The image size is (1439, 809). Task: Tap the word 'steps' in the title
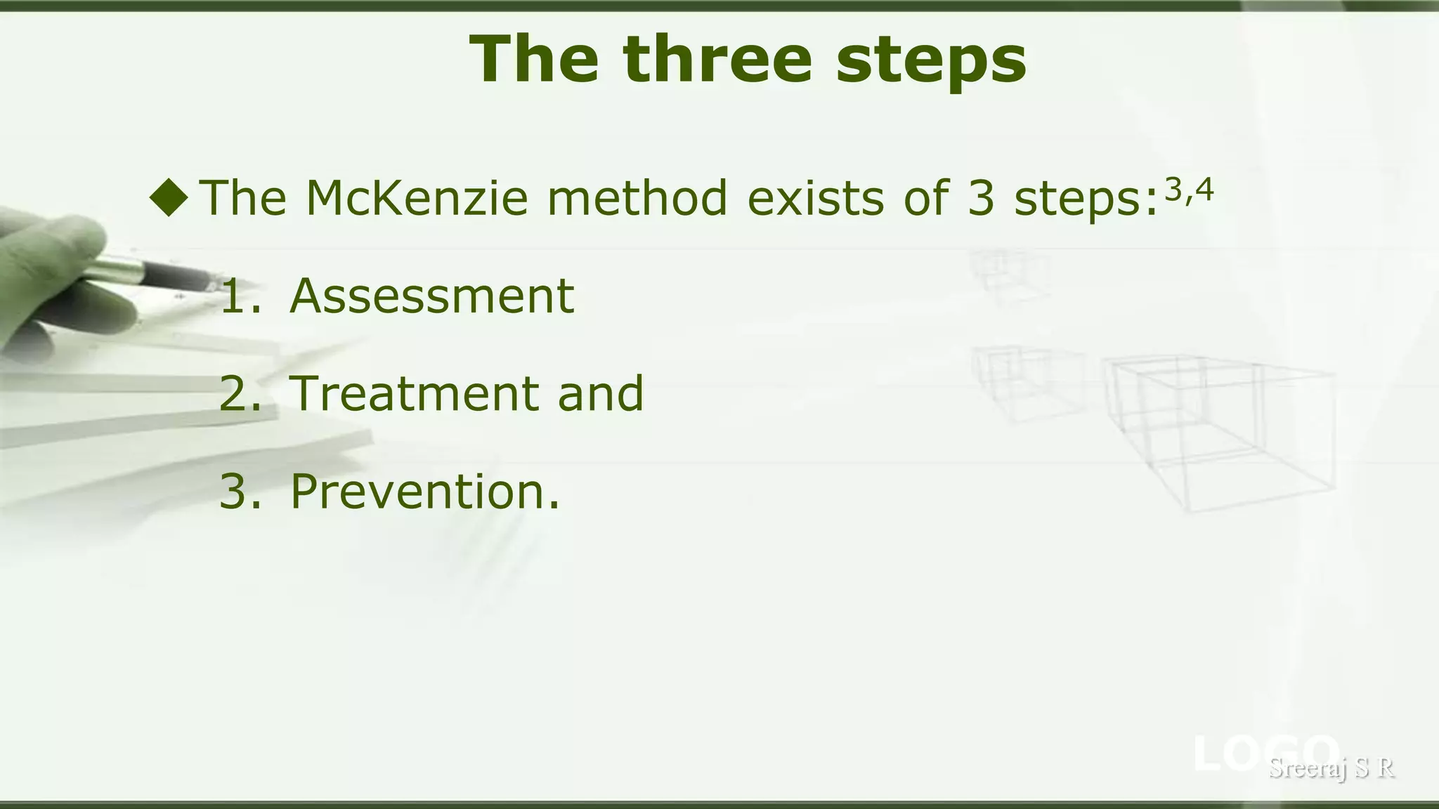[x=931, y=62]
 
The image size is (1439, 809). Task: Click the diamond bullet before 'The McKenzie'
[x=169, y=197]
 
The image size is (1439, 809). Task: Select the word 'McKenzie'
[x=416, y=198]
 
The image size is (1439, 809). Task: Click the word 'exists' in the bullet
[x=815, y=198]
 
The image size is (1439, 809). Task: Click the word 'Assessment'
[x=432, y=296]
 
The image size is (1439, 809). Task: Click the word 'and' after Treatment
[x=601, y=393]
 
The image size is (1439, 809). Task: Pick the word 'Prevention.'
[x=425, y=492]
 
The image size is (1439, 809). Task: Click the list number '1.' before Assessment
[x=240, y=296]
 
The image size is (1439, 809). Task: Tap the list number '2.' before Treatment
[x=240, y=393]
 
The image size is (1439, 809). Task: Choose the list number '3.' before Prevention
[x=240, y=492]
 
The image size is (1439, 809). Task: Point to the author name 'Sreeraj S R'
[x=1331, y=768]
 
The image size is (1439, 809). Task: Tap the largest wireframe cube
[x=1223, y=432]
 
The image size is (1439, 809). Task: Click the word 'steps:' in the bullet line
[x=1086, y=199]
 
